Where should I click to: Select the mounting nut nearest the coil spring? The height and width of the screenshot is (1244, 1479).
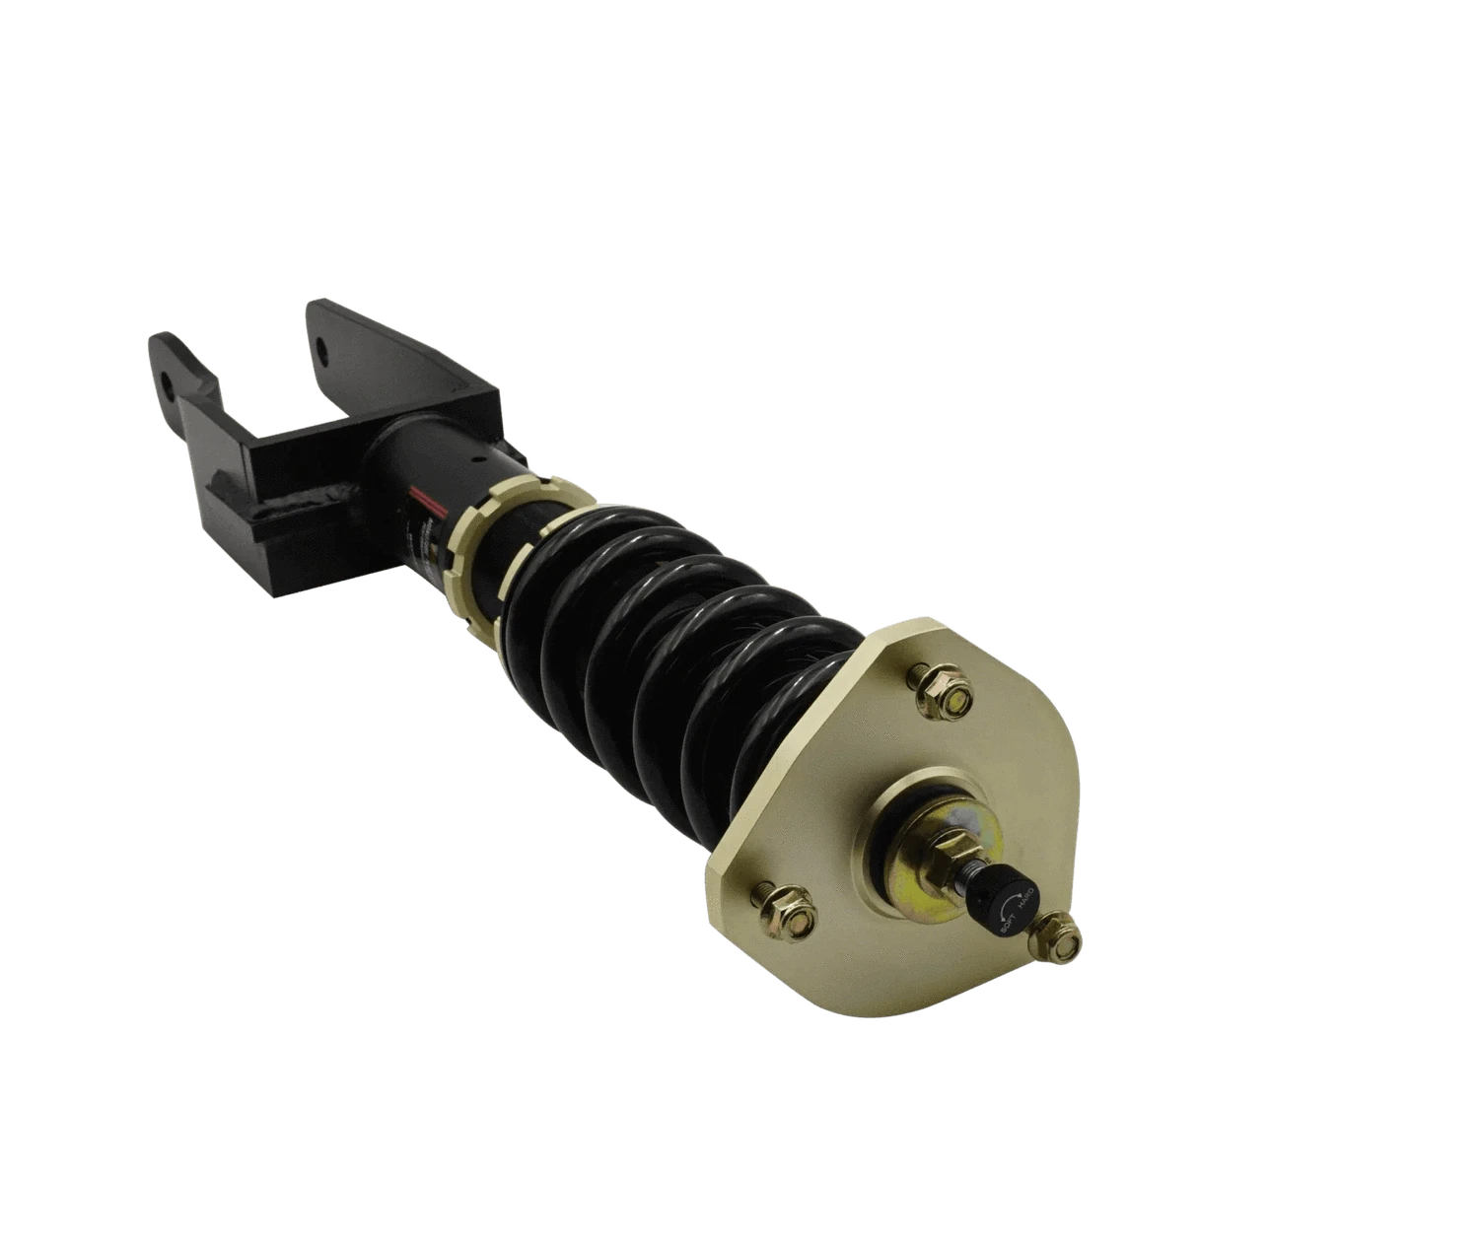[942, 696]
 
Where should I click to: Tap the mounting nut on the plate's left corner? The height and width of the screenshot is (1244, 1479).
[786, 909]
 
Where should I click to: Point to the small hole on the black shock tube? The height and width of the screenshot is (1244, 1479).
[481, 457]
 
